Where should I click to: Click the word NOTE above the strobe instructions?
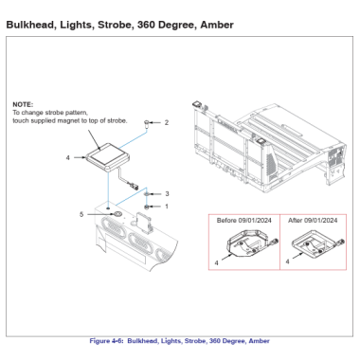(23, 104)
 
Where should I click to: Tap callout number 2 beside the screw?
(167, 122)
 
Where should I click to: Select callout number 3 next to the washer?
(167, 193)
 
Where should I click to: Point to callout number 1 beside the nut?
(167, 207)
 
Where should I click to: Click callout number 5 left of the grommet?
(81, 214)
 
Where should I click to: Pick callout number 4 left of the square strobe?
(67, 157)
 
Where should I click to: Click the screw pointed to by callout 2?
(147, 123)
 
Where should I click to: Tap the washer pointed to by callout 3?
(147, 193)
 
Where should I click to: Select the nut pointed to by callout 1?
(147, 207)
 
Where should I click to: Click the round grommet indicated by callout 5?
(117, 214)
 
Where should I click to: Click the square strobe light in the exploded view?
(107, 157)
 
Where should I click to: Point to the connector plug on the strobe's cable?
(133, 186)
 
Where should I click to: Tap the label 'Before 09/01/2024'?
(243, 221)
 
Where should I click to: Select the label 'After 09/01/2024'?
(313, 221)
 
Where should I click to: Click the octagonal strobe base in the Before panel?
(248, 244)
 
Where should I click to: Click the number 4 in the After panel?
(287, 261)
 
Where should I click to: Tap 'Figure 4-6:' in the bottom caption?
(107, 341)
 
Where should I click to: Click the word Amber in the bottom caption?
(259, 341)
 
